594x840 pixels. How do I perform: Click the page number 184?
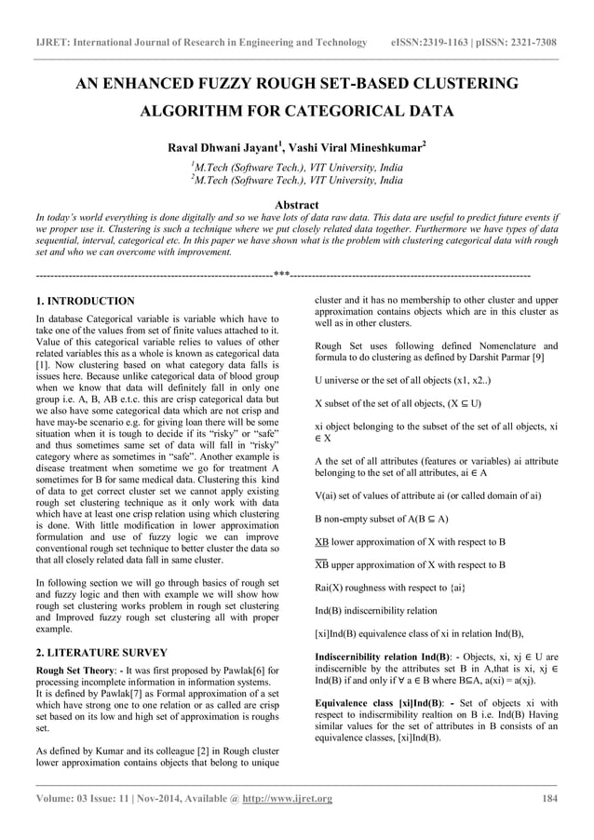(x=549, y=798)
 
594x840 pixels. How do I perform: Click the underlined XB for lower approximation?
(x=323, y=540)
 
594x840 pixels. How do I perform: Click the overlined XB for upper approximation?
(x=323, y=564)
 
